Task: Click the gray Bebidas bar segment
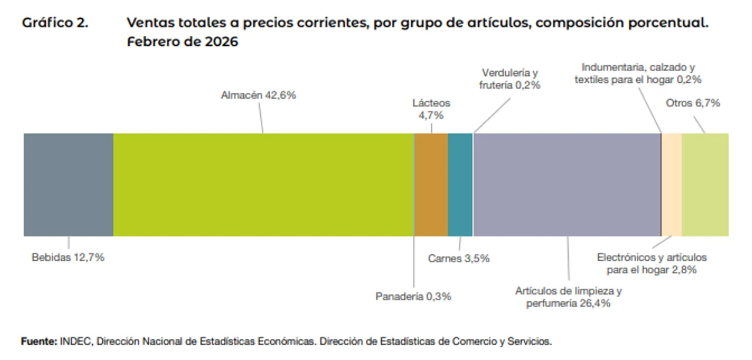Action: [x=68, y=184]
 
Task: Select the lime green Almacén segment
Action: [x=263, y=184]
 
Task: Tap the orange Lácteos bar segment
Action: [x=431, y=184]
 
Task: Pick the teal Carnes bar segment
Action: [x=460, y=184]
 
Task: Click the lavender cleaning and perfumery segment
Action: [x=567, y=184]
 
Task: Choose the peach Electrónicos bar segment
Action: [x=672, y=184]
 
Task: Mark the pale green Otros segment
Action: [x=705, y=184]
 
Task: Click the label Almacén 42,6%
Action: [x=258, y=95]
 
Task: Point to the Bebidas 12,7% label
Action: [x=68, y=257]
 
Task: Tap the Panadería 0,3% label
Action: [x=414, y=297]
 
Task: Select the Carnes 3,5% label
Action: [x=459, y=258]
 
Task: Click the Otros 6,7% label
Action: [x=693, y=103]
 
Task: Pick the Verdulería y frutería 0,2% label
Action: [x=510, y=79]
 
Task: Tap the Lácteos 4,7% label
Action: [x=431, y=109]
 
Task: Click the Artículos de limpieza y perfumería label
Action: [x=569, y=297]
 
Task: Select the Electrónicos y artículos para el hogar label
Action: [x=652, y=264]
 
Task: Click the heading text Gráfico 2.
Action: [x=55, y=23]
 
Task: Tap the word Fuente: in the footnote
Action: [x=39, y=341]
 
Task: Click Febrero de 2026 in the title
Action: [x=182, y=42]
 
